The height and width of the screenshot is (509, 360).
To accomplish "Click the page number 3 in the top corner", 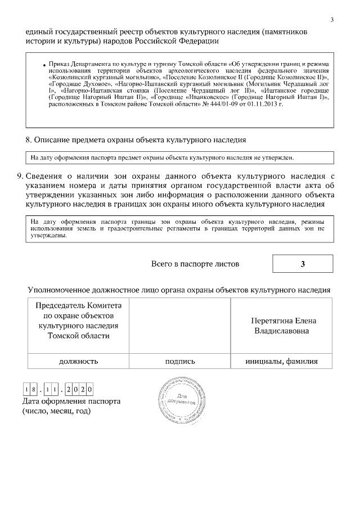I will click(x=332, y=20).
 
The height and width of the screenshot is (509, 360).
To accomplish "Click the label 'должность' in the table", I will click(x=79, y=361).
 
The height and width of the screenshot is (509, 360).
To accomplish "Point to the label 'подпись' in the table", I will click(x=180, y=361).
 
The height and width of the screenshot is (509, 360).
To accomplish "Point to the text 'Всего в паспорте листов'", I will click(x=195, y=264).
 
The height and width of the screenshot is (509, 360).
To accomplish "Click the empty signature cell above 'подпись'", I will click(x=180, y=325).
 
